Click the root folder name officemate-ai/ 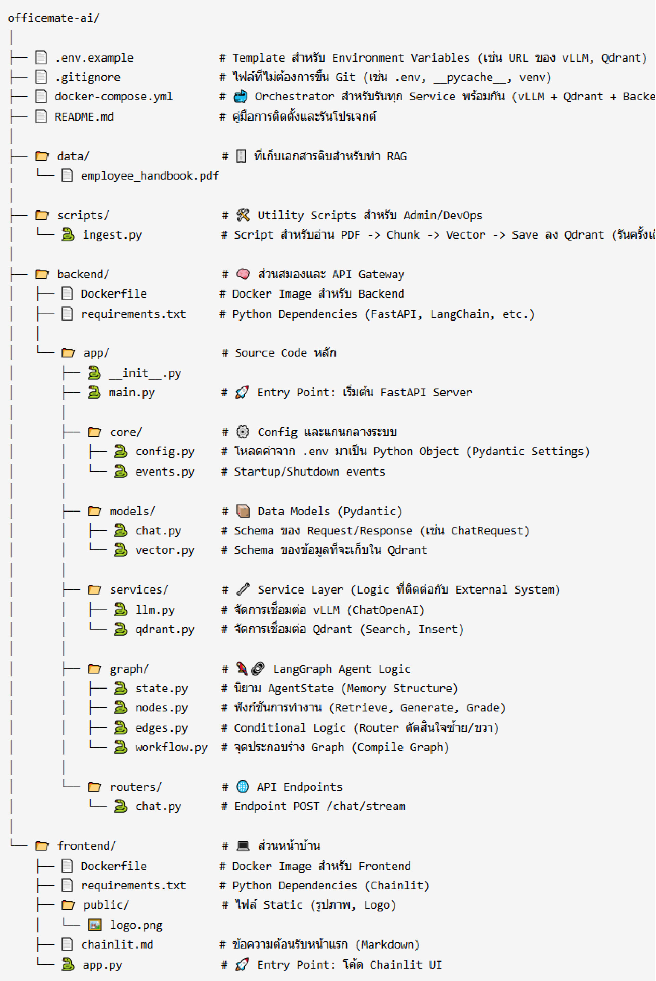[53, 18]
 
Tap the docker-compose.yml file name [113, 96]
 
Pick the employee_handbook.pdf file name [150, 175]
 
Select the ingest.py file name [112, 235]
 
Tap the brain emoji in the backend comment [243, 274]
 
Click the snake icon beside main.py [94, 392]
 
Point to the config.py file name [165, 451]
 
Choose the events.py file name [165, 472]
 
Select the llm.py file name [155, 610]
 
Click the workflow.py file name [171, 747]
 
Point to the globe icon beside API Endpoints [243, 787]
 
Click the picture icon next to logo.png [95, 925]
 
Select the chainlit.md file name [117, 944]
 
